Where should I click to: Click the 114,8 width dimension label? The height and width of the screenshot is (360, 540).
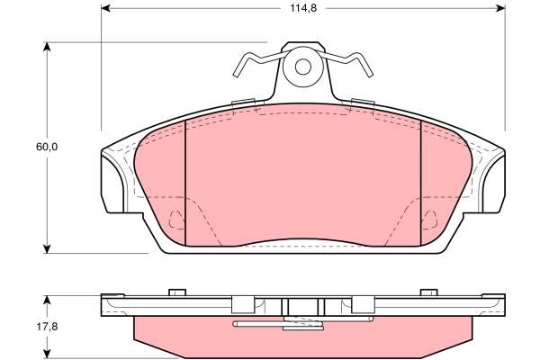[303, 8]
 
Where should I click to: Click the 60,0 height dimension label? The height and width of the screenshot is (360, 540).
[47, 147]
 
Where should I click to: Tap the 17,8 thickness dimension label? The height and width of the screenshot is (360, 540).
[47, 326]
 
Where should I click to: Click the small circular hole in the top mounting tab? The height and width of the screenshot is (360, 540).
[303, 67]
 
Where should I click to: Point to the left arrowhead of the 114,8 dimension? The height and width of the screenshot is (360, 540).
[105, 8]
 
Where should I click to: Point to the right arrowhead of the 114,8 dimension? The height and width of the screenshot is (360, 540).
[501, 8]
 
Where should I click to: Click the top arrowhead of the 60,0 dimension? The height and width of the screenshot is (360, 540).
[47, 47]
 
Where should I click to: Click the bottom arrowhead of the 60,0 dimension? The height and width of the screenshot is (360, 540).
[47, 249]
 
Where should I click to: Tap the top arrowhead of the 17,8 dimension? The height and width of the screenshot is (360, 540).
[47, 300]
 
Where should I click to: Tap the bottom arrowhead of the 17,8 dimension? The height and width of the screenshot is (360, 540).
[47, 354]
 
